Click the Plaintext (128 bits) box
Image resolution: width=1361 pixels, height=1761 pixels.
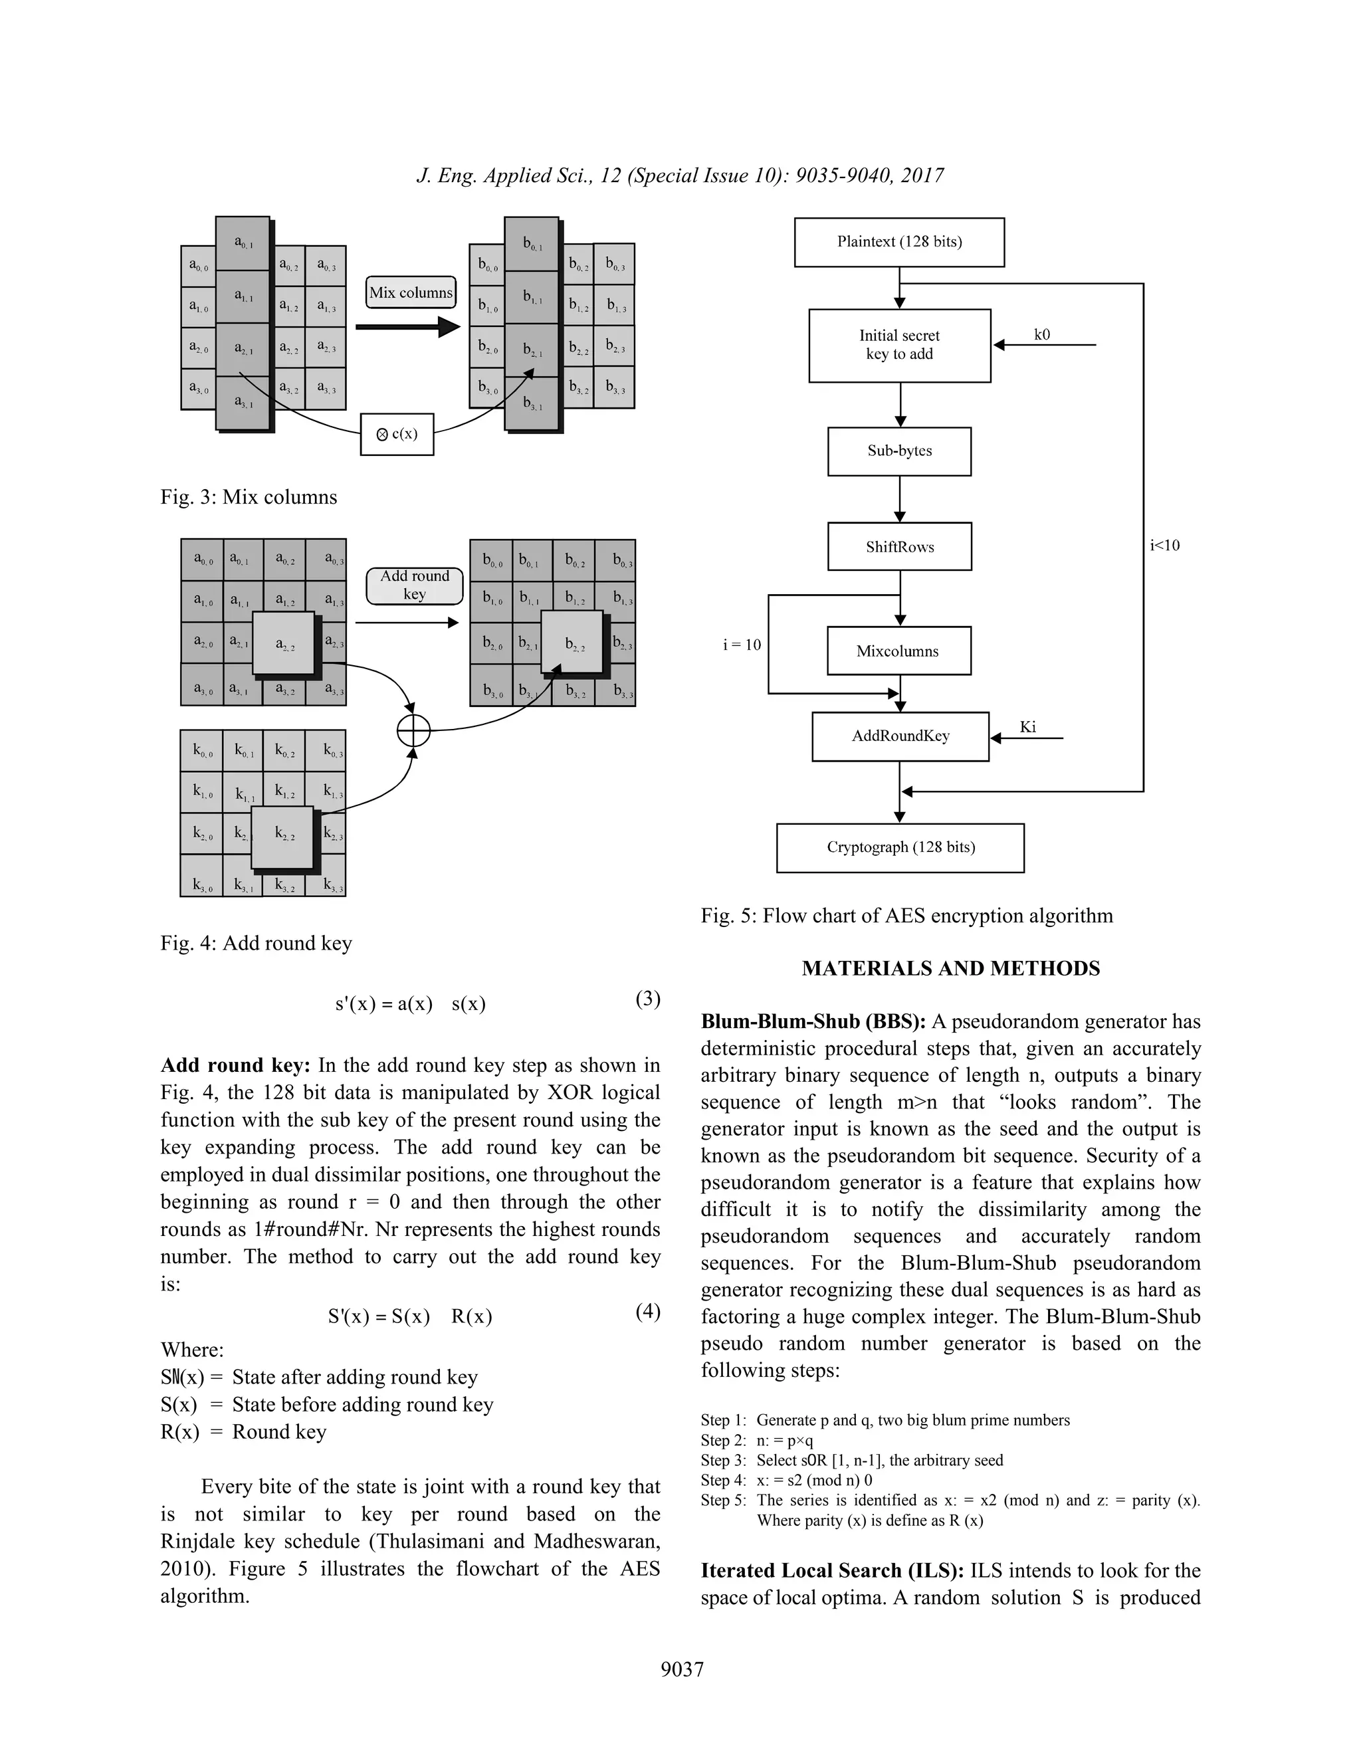pyautogui.click(x=899, y=242)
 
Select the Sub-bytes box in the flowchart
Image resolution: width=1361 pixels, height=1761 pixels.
pyautogui.click(x=899, y=451)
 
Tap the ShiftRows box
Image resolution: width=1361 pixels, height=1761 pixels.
pyautogui.click(x=899, y=547)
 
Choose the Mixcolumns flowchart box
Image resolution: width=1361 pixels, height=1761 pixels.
pyautogui.click(x=898, y=651)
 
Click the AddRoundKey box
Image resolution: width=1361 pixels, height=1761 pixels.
pyautogui.click(x=900, y=736)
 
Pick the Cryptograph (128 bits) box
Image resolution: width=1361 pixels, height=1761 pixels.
pyautogui.click(x=900, y=847)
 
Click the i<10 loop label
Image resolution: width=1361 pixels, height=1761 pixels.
pyautogui.click(x=1164, y=546)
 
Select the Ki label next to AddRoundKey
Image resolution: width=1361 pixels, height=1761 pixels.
pyautogui.click(x=1027, y=727)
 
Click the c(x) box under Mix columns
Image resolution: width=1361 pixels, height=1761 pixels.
pyautogui.click(x=397, y=435)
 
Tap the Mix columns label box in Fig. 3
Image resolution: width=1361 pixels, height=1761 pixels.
pyautogui.click(x=411, y=292)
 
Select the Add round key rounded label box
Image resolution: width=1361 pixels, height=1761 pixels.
pyautogui.click(x=415, y=585)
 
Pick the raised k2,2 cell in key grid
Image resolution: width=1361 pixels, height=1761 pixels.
pyautogui.click(x=283, y=836)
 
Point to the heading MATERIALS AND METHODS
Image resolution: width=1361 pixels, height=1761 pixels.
pyautogui.click(x=950, y=968)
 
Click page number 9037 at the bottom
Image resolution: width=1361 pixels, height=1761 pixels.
pyautogui.click(x=682, y=1669)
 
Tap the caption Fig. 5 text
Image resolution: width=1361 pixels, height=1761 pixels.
pyautogui.click(x=906, y=916)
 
